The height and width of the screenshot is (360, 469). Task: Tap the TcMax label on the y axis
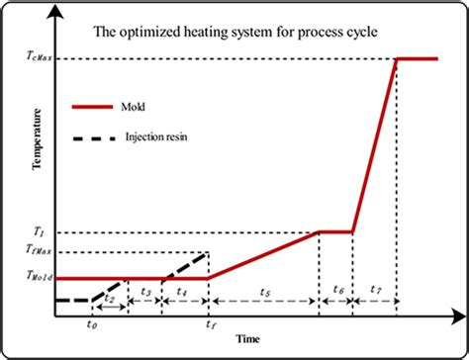[36, 59]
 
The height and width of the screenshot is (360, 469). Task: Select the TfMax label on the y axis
[36, 254]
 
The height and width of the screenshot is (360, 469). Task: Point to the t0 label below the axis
[92, 323]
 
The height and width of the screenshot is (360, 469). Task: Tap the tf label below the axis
[209, 323]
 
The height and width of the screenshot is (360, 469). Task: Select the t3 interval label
[145, 292]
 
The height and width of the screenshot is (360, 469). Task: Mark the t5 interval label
[263, 292]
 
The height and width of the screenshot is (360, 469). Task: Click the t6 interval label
[336, 292]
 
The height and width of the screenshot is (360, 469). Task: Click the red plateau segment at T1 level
[336, 232]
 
